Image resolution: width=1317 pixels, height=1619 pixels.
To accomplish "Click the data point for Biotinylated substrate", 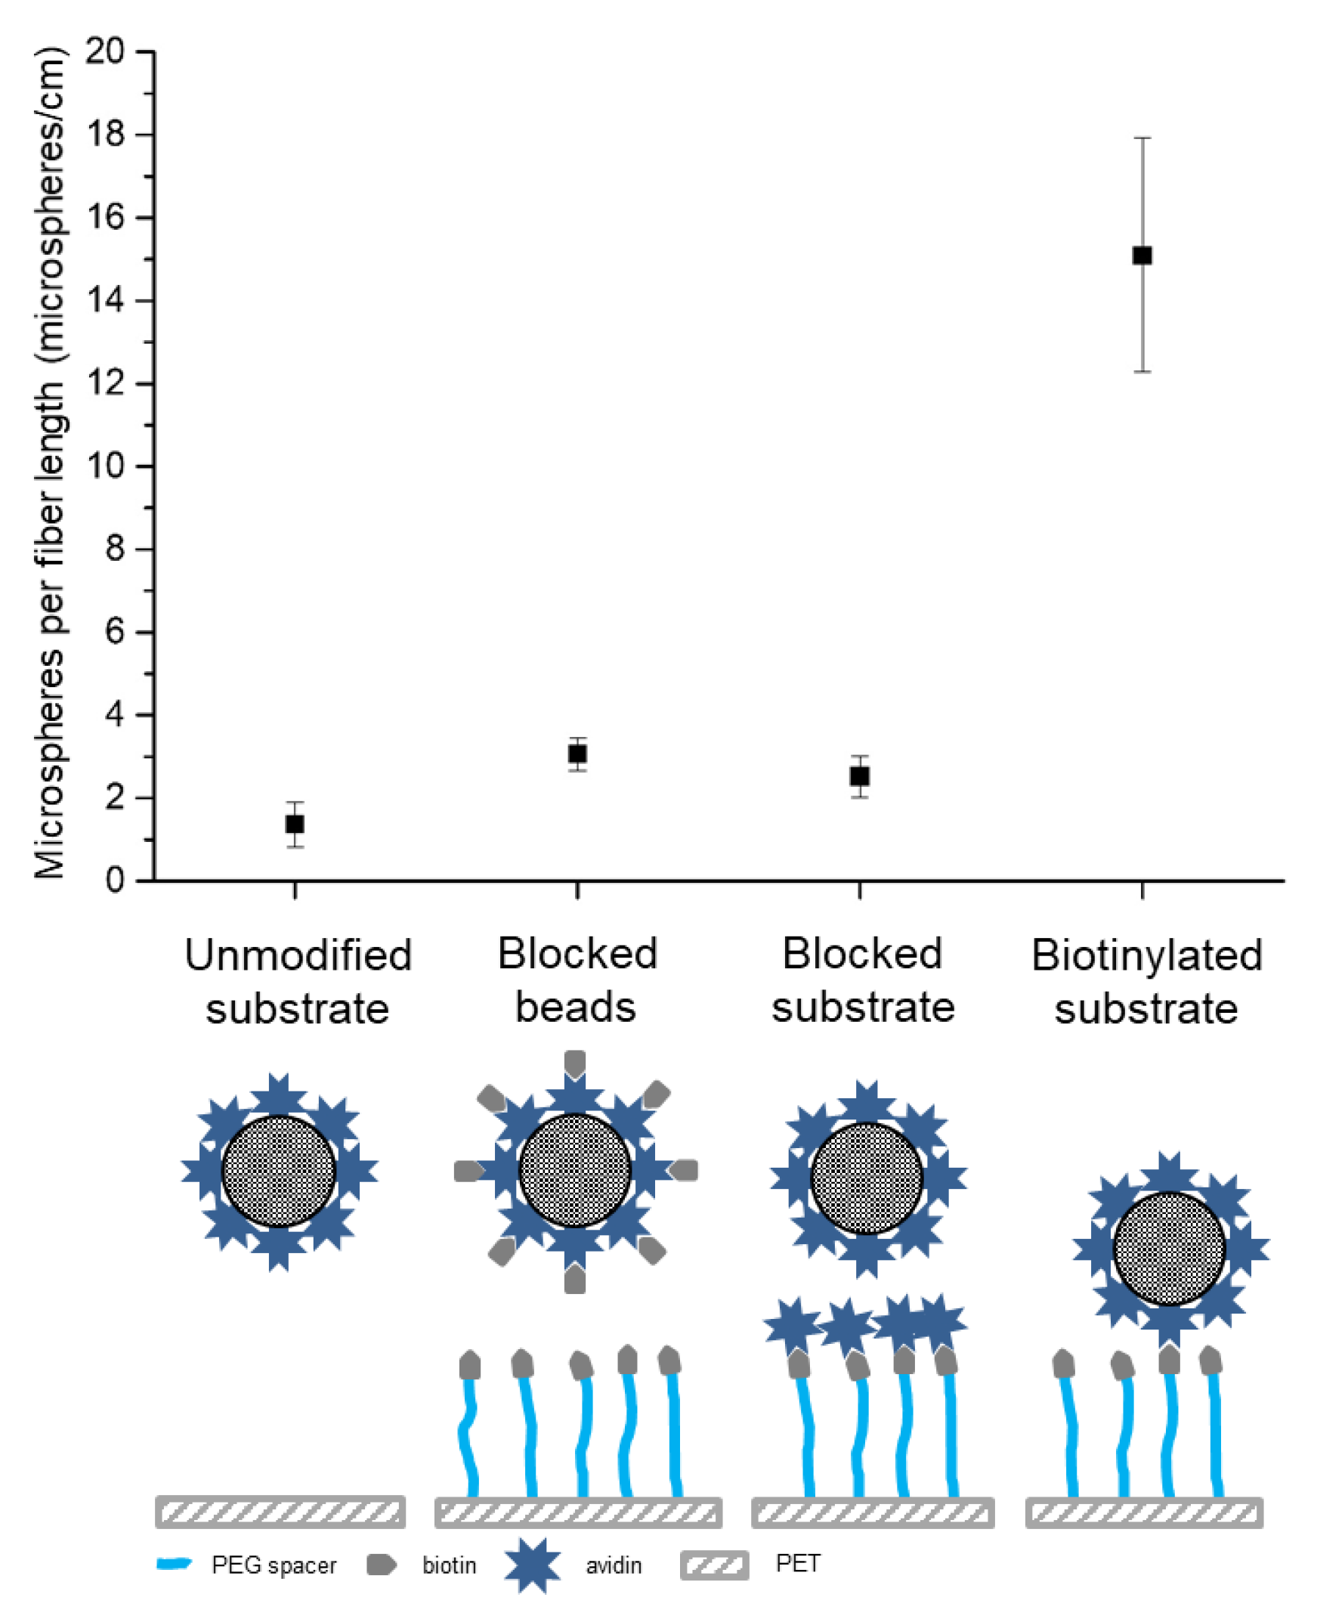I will click(1142, 255).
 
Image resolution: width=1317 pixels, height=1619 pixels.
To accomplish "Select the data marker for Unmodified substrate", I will click(295, 824).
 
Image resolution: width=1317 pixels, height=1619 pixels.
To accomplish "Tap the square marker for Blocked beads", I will click(577, 754).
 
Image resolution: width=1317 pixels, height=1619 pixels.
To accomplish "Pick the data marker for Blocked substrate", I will click(860, 776).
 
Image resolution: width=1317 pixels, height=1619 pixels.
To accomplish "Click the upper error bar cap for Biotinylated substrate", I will click(1142, 138).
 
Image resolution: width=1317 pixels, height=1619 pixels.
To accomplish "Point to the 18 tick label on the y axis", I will click(106, 135).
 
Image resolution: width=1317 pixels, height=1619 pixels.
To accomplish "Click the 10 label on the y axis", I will click(106, 466).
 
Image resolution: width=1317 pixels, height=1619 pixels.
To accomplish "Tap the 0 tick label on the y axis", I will click(115, 881).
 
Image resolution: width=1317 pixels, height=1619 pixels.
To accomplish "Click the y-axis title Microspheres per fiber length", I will click(50, 463).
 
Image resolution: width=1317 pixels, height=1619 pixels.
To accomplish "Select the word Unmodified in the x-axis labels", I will click(298, 955).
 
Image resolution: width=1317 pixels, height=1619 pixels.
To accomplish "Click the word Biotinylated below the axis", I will click(1146, 955).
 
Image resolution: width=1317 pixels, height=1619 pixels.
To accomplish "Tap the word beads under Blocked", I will click(576, 1008).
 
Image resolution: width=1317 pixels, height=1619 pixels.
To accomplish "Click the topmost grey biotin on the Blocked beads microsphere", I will click(575, 1063).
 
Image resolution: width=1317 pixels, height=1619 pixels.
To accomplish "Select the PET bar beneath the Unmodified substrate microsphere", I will click(280, 1512).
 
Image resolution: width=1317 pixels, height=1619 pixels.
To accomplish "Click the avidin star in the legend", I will click(533, 1566).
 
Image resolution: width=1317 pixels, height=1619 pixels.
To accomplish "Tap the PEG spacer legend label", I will click(273, 1566).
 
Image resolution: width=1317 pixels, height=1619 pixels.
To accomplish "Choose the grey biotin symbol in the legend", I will click(381, 1565).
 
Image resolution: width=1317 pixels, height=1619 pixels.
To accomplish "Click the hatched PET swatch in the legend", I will click(715, 1566).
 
